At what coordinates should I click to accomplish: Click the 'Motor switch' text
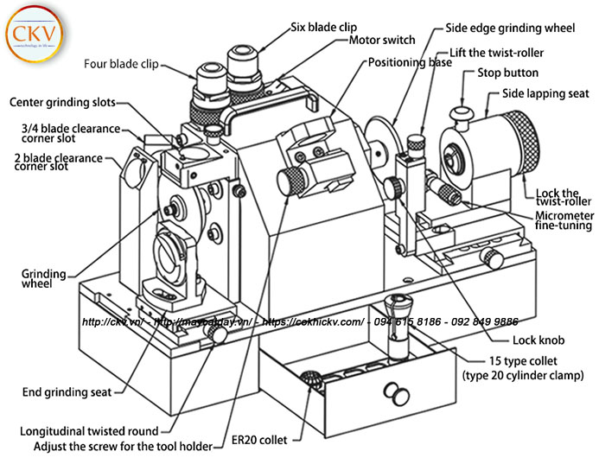coord(382,40)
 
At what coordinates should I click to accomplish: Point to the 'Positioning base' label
coord(410,63)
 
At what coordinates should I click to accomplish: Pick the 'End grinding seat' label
coord(67,392)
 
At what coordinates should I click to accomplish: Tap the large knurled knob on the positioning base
coord(290,181)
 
